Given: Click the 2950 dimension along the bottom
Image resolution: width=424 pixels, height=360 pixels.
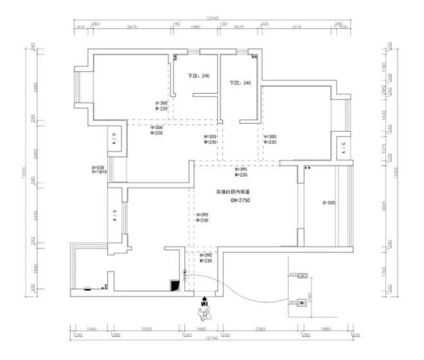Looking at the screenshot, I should point(146,329).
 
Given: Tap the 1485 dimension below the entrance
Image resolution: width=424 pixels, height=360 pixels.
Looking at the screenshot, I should point(200,329).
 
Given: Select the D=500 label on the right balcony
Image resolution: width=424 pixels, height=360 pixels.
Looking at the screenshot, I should point(328,203).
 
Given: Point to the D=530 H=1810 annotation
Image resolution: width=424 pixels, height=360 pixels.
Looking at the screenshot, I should point(99,170).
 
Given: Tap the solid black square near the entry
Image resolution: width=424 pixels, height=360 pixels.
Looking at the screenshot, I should point(175,285).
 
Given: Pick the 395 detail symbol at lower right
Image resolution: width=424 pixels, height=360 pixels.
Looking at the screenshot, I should point(302,303).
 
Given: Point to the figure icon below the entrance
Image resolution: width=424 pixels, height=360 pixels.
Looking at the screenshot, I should point(204,311).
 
